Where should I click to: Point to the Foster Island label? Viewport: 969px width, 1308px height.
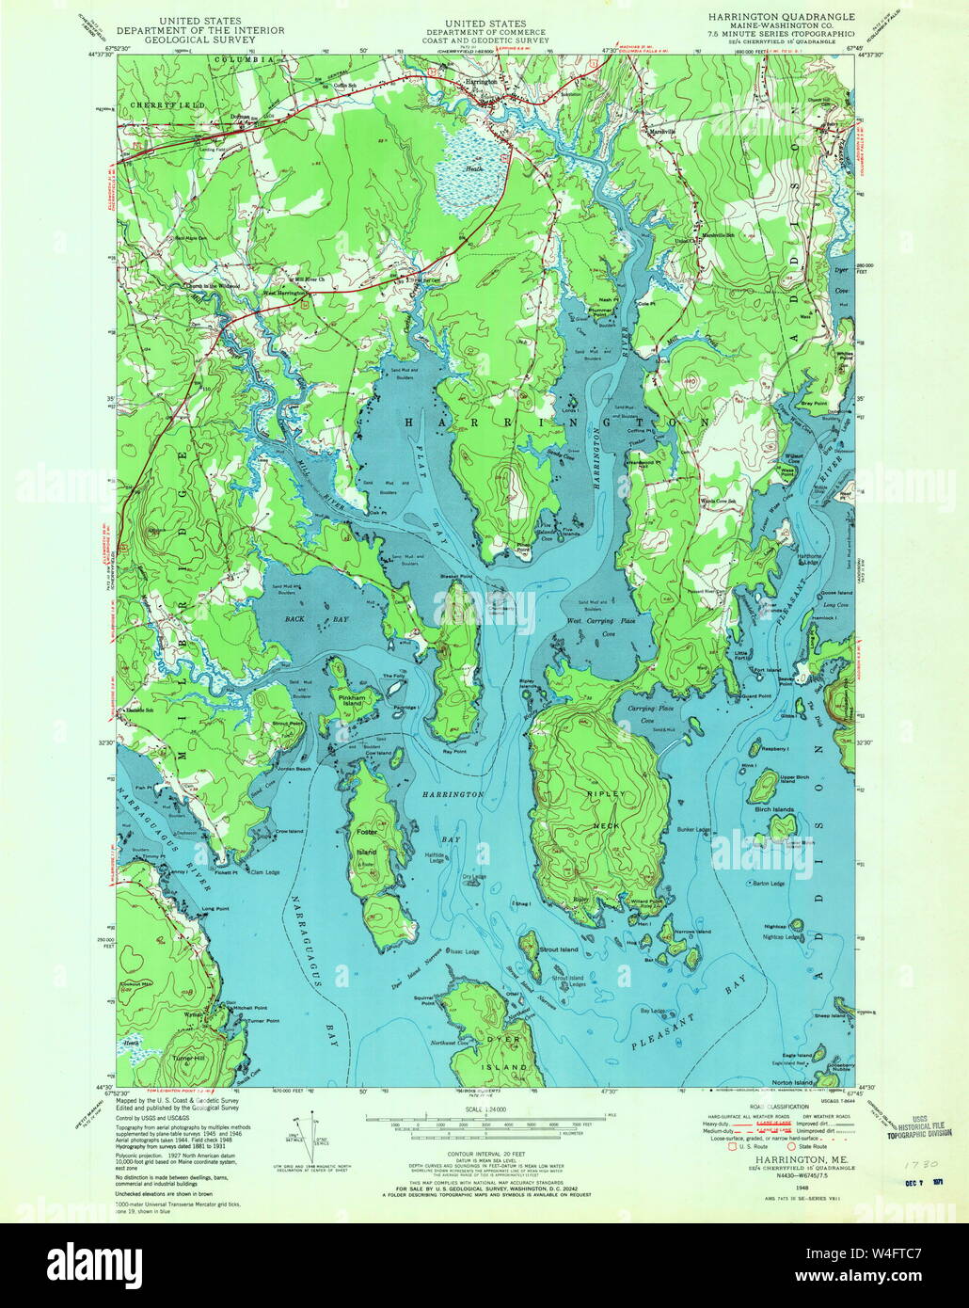pyautogui.click(x=367, y=842)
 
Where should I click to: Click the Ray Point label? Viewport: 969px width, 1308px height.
pyautogui.click(x=455, y=752)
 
